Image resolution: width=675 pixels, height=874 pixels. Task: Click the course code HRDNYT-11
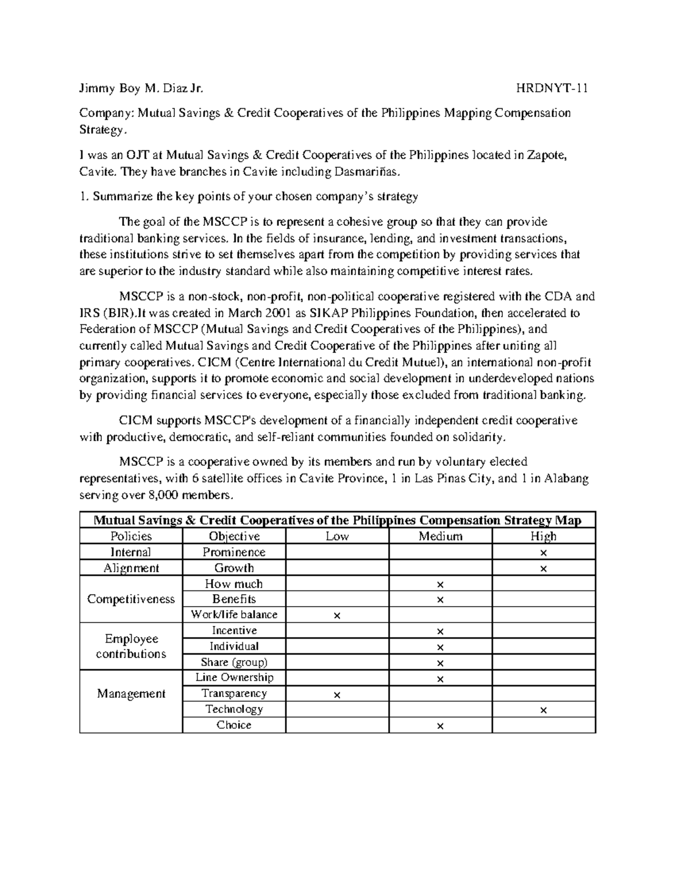coord(552,88)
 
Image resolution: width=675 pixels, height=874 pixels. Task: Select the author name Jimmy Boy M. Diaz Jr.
coord(141,88)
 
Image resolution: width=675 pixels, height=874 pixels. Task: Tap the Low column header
coord(337,536)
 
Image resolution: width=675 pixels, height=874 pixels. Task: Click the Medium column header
coord(440,536)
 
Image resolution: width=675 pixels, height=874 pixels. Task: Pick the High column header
coord(543,536)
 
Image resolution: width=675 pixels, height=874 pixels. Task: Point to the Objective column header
coord(234,536)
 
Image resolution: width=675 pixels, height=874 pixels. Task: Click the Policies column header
coord(131,536)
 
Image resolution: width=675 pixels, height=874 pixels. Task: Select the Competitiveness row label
coord(131,599)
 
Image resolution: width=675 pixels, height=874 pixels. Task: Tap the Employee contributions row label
coord(131,646)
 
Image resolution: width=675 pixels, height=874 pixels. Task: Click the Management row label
coord(131,693)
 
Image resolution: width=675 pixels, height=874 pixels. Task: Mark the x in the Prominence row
coord(543,553)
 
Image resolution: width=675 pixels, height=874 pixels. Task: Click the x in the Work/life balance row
coord(337,616)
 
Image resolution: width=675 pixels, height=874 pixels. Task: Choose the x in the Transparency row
coord(337,695)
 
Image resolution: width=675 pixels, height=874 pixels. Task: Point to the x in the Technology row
coord(543,710)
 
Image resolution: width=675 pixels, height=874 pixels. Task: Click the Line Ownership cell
coord(234,678)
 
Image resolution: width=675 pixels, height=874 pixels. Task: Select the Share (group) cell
coord(234,662)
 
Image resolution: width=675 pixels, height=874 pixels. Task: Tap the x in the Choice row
coord(440,727)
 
